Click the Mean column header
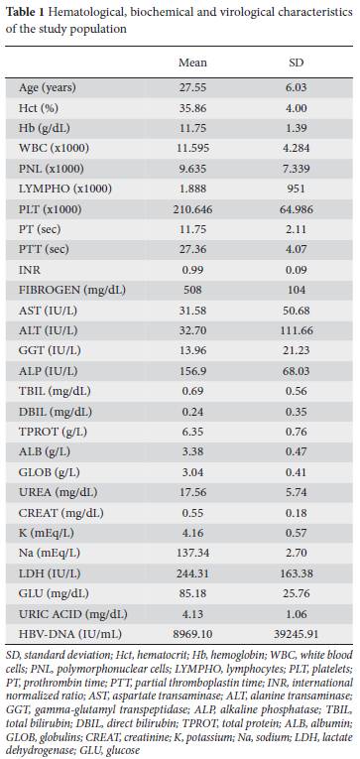tap(192, 63)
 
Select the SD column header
tap(296, 63)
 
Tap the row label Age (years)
tap(48, 88)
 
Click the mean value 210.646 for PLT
tap(192, 209)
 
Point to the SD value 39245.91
tap(296, 635)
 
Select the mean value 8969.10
tap(192, 635)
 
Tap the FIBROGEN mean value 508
tap(192, 291)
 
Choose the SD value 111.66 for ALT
tap(296, 331)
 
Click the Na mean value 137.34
tap(192, 554)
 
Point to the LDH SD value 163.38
tap(296, 574)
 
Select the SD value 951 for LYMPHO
tap(296, 190)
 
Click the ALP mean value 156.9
tap(192, 372)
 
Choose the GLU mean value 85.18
tap(192, 594)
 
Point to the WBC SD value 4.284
tap(296, 149)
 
